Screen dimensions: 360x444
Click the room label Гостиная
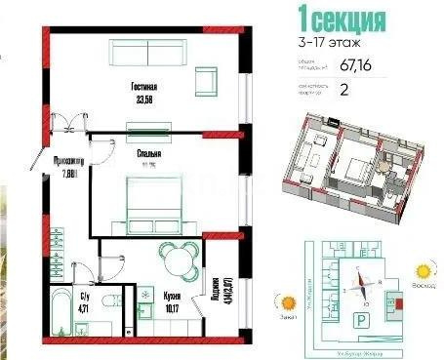[145, 86]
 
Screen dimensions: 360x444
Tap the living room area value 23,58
[145, 98]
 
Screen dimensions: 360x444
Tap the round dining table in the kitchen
[176, 261]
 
